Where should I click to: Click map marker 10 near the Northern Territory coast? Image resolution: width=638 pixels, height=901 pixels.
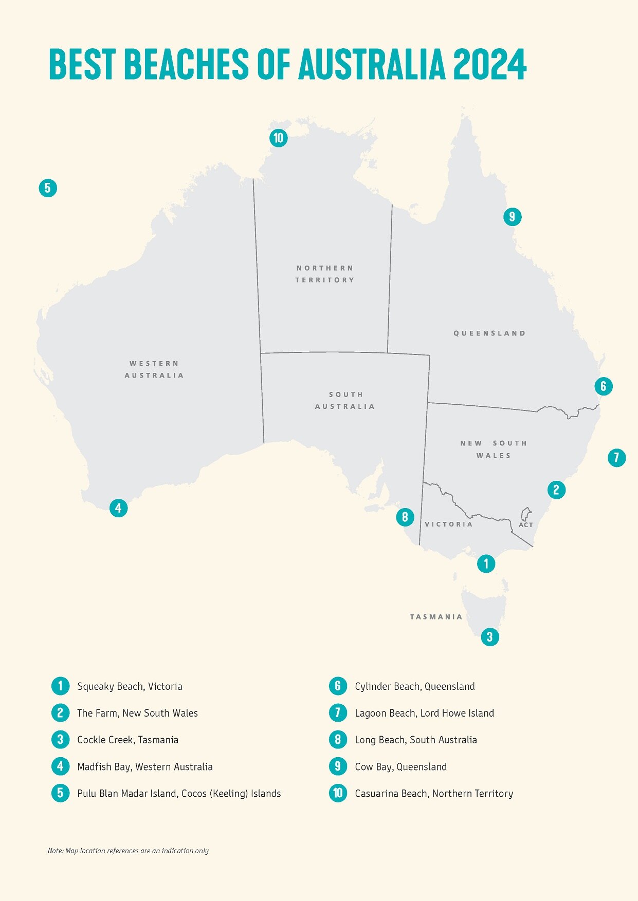pos(278,138)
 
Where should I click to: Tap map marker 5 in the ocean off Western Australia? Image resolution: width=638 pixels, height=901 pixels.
pos(48,188)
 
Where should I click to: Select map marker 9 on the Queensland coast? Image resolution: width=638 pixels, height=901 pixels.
pos(512,217)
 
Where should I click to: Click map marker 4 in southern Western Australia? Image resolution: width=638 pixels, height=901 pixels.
pos(118,508)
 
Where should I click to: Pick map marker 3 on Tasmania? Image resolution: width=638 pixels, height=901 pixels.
pos(490,637)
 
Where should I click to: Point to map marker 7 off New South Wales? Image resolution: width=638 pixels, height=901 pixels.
pos(616,457)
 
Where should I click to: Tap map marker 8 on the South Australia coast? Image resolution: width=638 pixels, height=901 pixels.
pos(405,517)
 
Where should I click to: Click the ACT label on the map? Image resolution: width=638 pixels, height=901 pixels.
pos(525,524)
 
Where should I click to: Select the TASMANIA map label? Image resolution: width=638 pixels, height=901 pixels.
pos(436,617)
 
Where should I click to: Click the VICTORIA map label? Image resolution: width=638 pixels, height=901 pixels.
pos(448,524)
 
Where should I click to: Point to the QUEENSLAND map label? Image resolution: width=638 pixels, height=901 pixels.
pos(489,333)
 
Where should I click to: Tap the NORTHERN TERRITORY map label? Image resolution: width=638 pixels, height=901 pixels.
pos(325,274)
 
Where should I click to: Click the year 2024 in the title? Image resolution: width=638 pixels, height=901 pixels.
pos(489,64)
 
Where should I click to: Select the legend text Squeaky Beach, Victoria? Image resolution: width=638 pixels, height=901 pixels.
pos(130,686)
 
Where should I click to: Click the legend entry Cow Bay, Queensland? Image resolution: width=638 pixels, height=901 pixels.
pos(400,766)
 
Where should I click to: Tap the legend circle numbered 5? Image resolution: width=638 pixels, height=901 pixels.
pos(60,793)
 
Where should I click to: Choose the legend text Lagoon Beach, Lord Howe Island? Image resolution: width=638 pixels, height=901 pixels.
pos(424,713)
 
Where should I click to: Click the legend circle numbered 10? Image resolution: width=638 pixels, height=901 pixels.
pos(338,793)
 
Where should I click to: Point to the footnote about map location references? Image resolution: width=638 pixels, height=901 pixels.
pos(128,851)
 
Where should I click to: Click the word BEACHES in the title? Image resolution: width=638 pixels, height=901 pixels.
pos(186,64)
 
